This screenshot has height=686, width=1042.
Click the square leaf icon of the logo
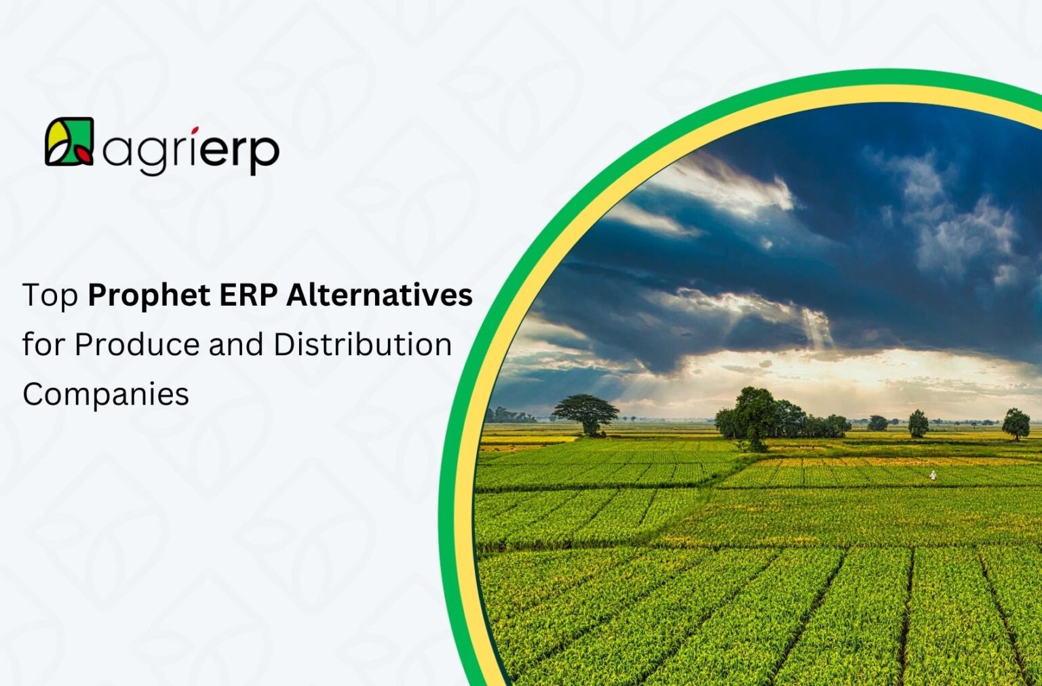pos(69,142)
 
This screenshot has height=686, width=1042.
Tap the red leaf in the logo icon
pos(84,155)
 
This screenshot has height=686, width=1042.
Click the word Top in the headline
pos(50,296)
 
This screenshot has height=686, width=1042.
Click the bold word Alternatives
pos(379,296)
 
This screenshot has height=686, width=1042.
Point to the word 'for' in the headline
pos(44,344)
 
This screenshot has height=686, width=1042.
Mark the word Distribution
pos(363,344)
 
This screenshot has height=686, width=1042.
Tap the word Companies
pos(106,394)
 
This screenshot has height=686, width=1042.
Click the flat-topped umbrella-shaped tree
pos(586,411)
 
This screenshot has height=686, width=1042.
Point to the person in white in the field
pos(933,476)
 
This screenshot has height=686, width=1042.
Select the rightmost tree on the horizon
pos(1016,424)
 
